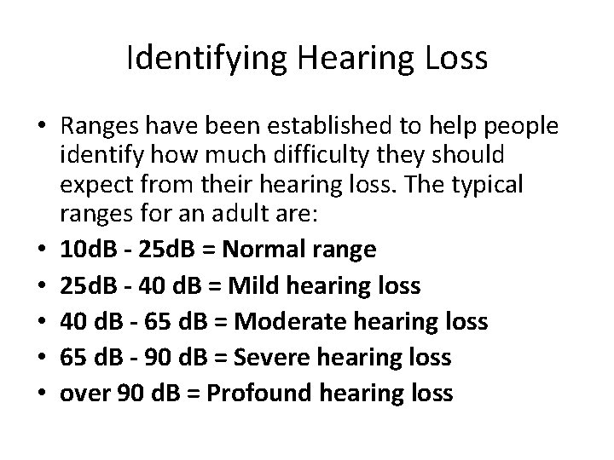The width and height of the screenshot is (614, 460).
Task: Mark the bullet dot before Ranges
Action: [40, 128]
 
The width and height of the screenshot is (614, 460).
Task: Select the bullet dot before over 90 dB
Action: [40, 394]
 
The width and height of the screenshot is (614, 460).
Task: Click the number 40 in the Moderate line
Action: [74, 321]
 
